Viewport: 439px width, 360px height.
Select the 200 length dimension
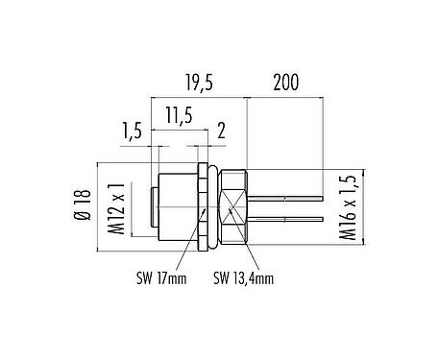[285, 84]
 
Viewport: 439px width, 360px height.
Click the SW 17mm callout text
[159, 278]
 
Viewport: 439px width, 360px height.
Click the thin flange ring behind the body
[203, 205]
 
